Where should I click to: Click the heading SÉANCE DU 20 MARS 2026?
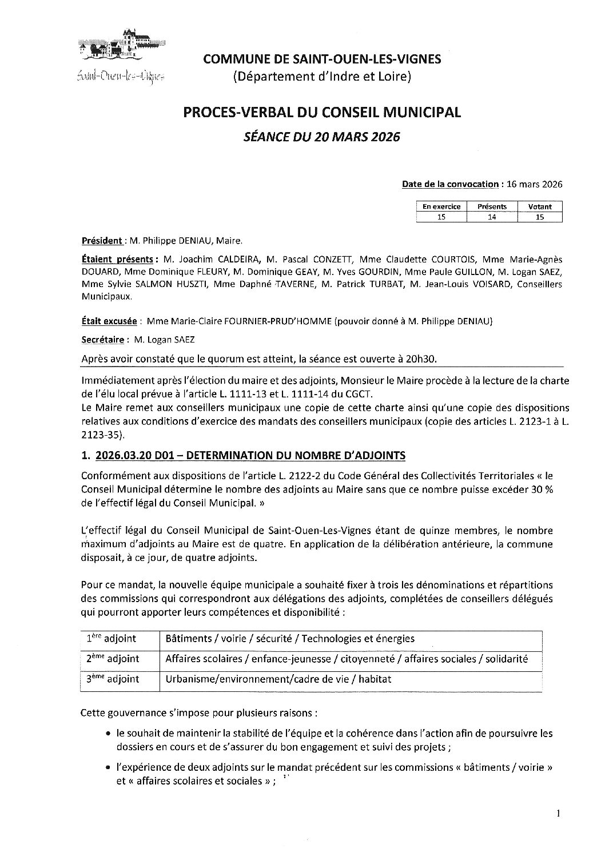[x=321, y=137]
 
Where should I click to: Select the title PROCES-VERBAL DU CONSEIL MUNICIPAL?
[x=321, y=113]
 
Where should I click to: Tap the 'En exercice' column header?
[x=441, y=206]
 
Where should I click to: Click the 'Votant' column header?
[x=540, y=206]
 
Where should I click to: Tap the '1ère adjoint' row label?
[x=112, y=639]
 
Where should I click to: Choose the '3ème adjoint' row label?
[x=113, y=679]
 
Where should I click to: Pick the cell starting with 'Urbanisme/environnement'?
[x=278, y=679]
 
